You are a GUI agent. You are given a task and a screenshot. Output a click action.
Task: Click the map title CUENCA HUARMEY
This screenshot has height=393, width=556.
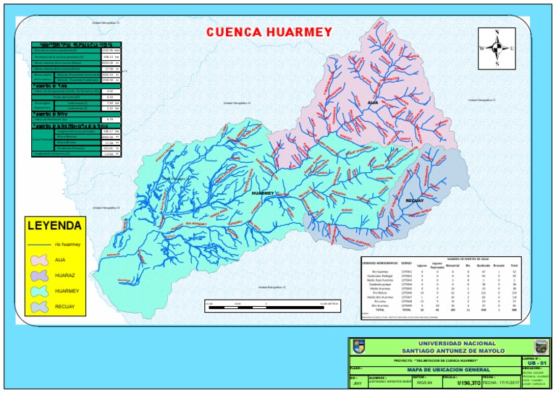click(x=269, y=32)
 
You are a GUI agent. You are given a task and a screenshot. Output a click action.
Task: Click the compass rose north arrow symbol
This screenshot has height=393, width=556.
click(x=496, y=48)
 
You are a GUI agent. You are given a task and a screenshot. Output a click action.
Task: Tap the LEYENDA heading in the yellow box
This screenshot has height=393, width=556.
click(x=54, y=226)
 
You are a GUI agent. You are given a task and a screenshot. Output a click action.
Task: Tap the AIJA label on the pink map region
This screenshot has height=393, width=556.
click(x=374, y=103)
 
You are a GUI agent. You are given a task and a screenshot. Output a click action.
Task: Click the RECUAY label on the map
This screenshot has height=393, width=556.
click(x=414, y=200)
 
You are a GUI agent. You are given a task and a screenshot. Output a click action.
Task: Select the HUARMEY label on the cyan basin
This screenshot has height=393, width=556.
click(x=263, y=193)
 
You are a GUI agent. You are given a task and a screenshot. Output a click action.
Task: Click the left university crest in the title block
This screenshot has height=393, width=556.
click(x=358, y=347)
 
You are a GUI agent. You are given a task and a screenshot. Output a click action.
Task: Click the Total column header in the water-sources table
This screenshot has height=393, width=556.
click(x=514, y=265)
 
